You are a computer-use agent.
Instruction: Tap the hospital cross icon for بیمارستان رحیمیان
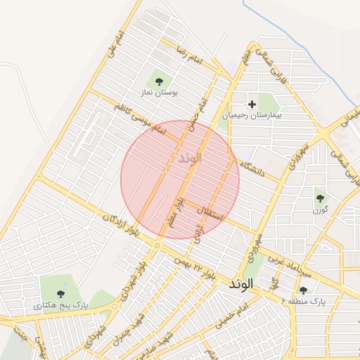click(251, 104)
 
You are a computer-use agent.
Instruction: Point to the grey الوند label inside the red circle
click(186, 157)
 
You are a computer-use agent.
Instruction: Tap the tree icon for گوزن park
click(321, 198)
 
